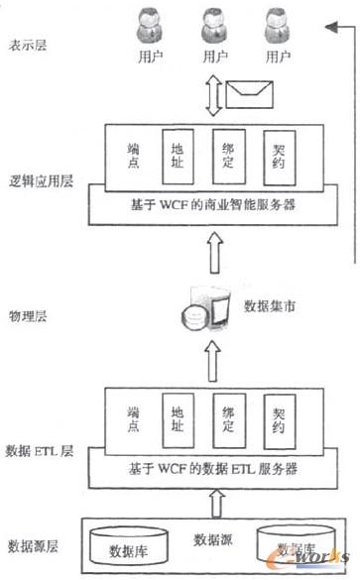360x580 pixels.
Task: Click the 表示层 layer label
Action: (29, 44)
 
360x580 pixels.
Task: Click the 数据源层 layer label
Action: (32, 544)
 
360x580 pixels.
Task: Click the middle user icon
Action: (208, 28)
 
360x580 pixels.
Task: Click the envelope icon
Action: (249, 95)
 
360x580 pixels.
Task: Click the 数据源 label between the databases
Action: (212, 540)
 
